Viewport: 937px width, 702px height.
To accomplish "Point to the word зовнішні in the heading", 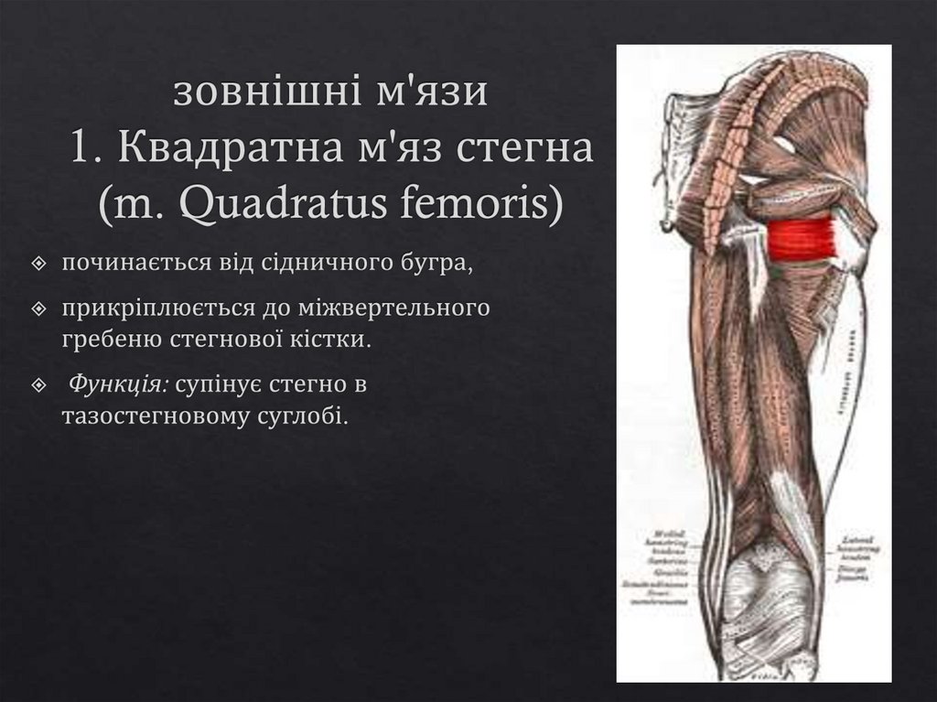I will coord(243,94).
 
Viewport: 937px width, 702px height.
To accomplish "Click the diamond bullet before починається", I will coord(38,265).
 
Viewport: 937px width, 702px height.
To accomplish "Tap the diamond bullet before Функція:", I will coord(38,386).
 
